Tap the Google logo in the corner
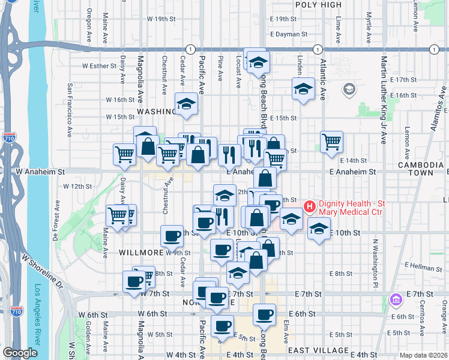(20, 353)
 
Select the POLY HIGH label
(319, 5)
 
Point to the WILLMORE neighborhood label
(142, 253)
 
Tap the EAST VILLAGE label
(318, 350)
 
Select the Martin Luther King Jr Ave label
(383, 100)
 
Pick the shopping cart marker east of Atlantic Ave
(331, 142)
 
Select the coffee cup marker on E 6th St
(264, 314)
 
